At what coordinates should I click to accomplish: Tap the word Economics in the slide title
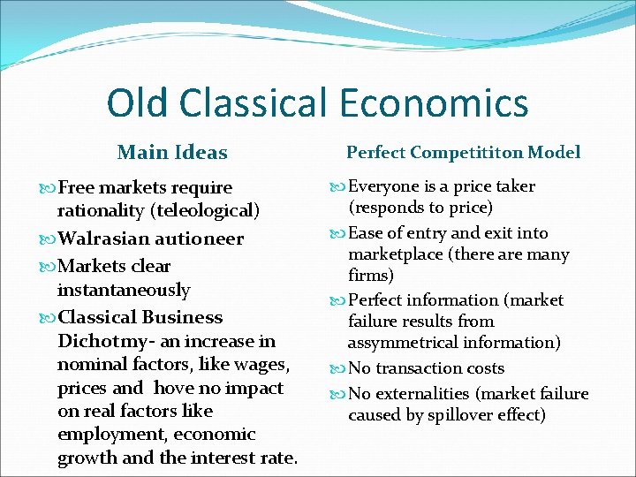click(432, 103)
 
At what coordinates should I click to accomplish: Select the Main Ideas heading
click(172, 153)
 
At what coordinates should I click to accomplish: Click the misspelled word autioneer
click(200, 238)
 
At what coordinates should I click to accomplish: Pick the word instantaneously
click(124, 290)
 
